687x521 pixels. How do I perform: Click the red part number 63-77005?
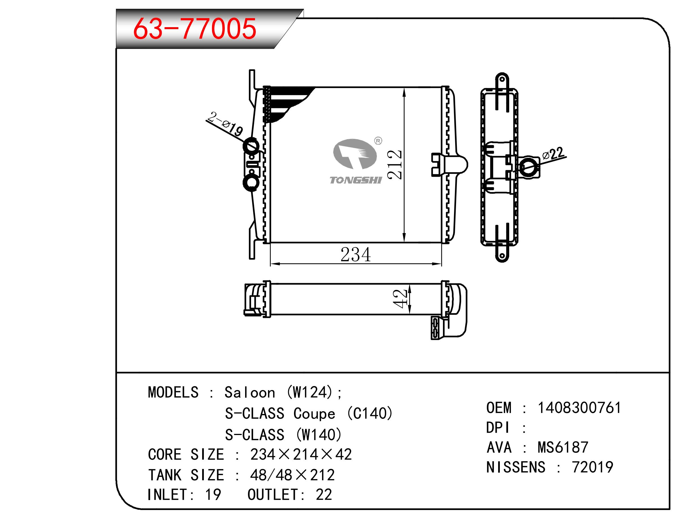(195, 29)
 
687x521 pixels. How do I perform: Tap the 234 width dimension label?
(356, 255)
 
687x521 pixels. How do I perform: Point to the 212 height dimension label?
(395, 165)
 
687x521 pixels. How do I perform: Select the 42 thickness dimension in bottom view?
(400, 299)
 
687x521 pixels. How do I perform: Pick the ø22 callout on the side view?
(553, 154)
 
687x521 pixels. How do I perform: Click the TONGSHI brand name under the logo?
(356, 180)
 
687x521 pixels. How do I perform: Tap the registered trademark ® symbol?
(378, 141)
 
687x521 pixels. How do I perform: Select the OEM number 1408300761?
(579, 408)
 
